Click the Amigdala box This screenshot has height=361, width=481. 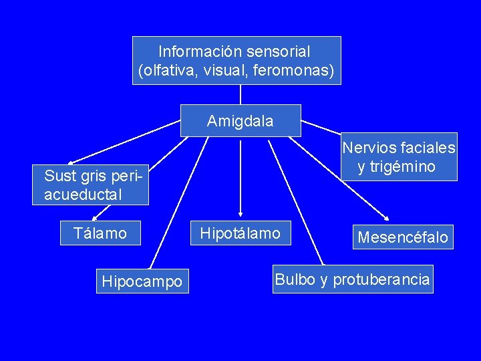pos(240,121)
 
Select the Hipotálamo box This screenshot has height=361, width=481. pos(240,233)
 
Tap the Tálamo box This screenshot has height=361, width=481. pos(101,233)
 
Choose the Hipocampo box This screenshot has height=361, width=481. pos(142,281)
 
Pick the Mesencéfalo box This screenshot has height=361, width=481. pos(403,237)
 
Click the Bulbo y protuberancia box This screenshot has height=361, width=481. pos(352,279)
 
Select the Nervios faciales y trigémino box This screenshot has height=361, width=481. pos(399,157)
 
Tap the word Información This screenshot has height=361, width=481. pos(200,51)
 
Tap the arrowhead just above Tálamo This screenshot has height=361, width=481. pos(95,217)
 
